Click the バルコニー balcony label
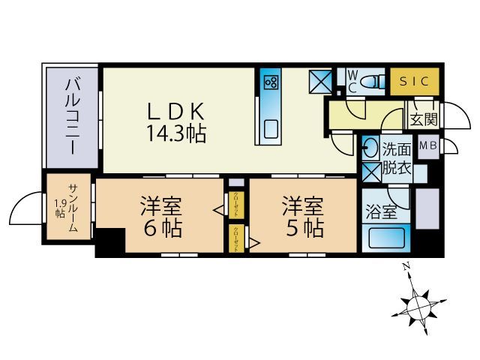click(x=73, y=116)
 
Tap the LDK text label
click(x=176, y=111)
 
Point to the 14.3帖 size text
click(x=177, y=134)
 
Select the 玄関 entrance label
click(x=417, y=118)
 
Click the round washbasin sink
click(x=370, y=147)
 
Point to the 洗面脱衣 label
click(x=396, y=157)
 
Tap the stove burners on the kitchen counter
click(x=271, y=82)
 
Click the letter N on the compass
click(x=405, y=266)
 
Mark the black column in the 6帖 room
click(x=109, y=244)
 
